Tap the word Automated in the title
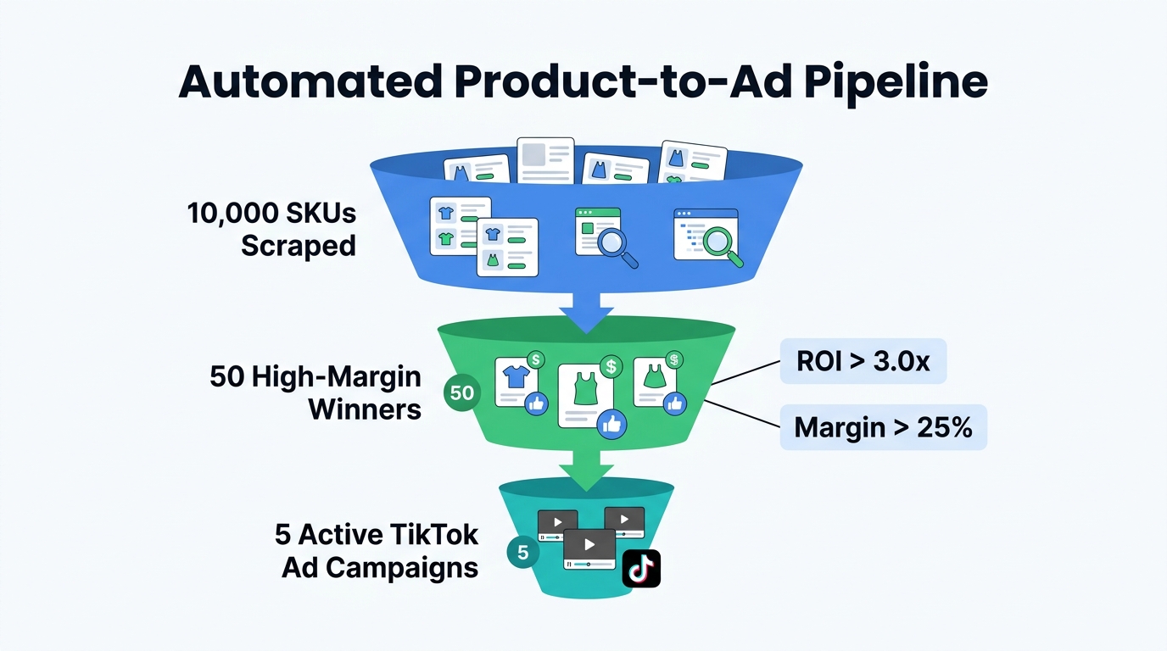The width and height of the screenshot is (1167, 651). coord(310,83)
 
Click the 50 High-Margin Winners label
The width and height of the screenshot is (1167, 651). coord(315,393)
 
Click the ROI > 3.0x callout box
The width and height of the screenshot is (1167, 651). coord(863,362)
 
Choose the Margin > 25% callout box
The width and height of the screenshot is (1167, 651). coord(883,427)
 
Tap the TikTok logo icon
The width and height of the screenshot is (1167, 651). coord(641,569)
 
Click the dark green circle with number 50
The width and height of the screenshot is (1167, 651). coord(462,393)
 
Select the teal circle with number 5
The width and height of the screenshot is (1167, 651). coord(522,553)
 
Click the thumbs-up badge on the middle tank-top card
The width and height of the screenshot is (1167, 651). coord(611,424)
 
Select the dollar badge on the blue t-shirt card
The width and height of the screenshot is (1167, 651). coord(536,360)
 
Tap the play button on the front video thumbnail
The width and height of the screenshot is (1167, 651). coord(589,544)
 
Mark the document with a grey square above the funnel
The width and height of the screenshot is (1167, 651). coord(545,160)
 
